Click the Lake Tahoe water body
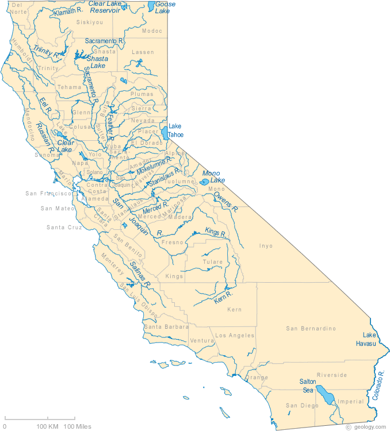pos(165,133)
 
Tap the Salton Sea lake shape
pos(326,395)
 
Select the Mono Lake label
pos(213,176)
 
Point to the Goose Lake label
pos(166,7)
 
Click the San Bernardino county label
pos(311,329)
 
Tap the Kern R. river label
pos(223,297)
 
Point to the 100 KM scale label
pos(48,426)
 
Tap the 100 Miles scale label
pos(77,426)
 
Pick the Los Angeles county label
pos(235,335)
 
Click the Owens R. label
pos(225,201)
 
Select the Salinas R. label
pos(140,274)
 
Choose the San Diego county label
pos(302,406)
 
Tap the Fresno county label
pos(172,243)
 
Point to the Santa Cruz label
pos(64,228)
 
